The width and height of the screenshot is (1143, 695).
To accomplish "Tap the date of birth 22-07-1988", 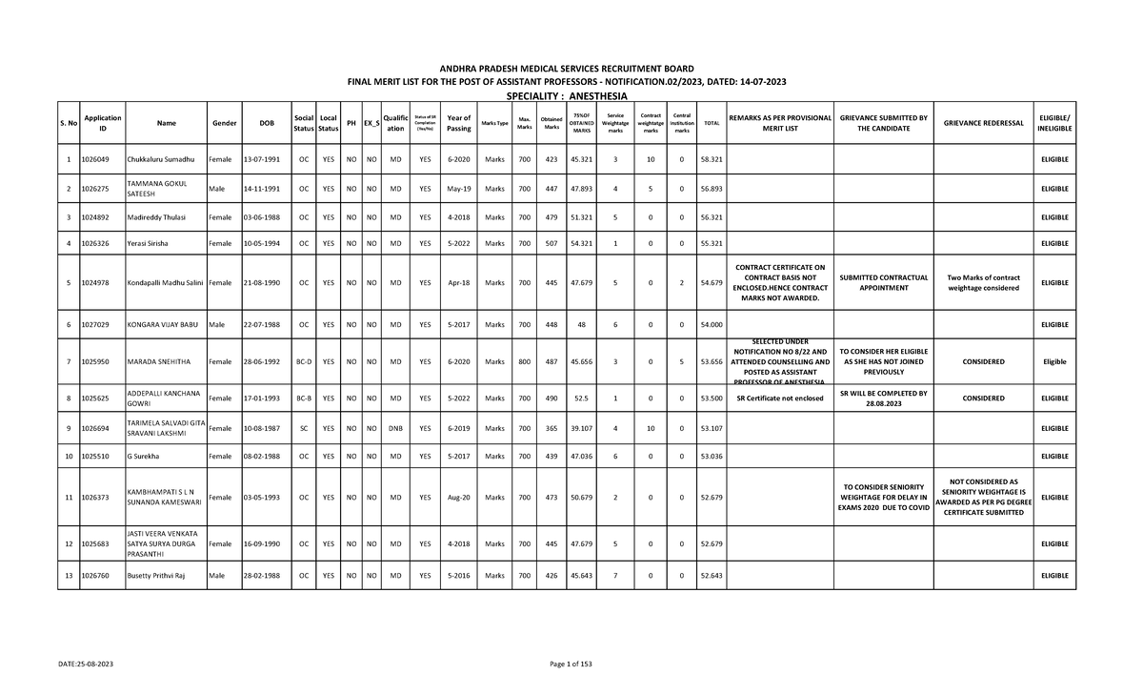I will pyautogui.click(x=260, y=325).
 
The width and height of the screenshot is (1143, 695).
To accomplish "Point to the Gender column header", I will pyautogui.click(x=225, y=123).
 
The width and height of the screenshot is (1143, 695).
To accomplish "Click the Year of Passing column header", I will pyautogui.click(x=458, y=123).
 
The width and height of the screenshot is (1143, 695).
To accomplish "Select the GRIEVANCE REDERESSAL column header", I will pyautogui.click(x=983, y=123).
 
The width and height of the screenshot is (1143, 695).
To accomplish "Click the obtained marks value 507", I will pyautogui.click(x=551, y=244).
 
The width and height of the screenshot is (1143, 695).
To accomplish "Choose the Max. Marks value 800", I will pyautogui.click(x=524, y=362).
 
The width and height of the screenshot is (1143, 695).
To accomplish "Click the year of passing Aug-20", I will pyautogui.click(x=458, y=498).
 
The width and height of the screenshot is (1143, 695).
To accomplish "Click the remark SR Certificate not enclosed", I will pyautogui.click(x=780, y=399).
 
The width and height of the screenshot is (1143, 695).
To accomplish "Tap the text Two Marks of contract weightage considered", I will pyautogui.click(x=983, y=282).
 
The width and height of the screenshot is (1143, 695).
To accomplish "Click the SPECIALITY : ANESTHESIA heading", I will pyautogui.click(x=567, y=97).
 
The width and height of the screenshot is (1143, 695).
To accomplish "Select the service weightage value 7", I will pyautogui.click(x=616, y=576).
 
